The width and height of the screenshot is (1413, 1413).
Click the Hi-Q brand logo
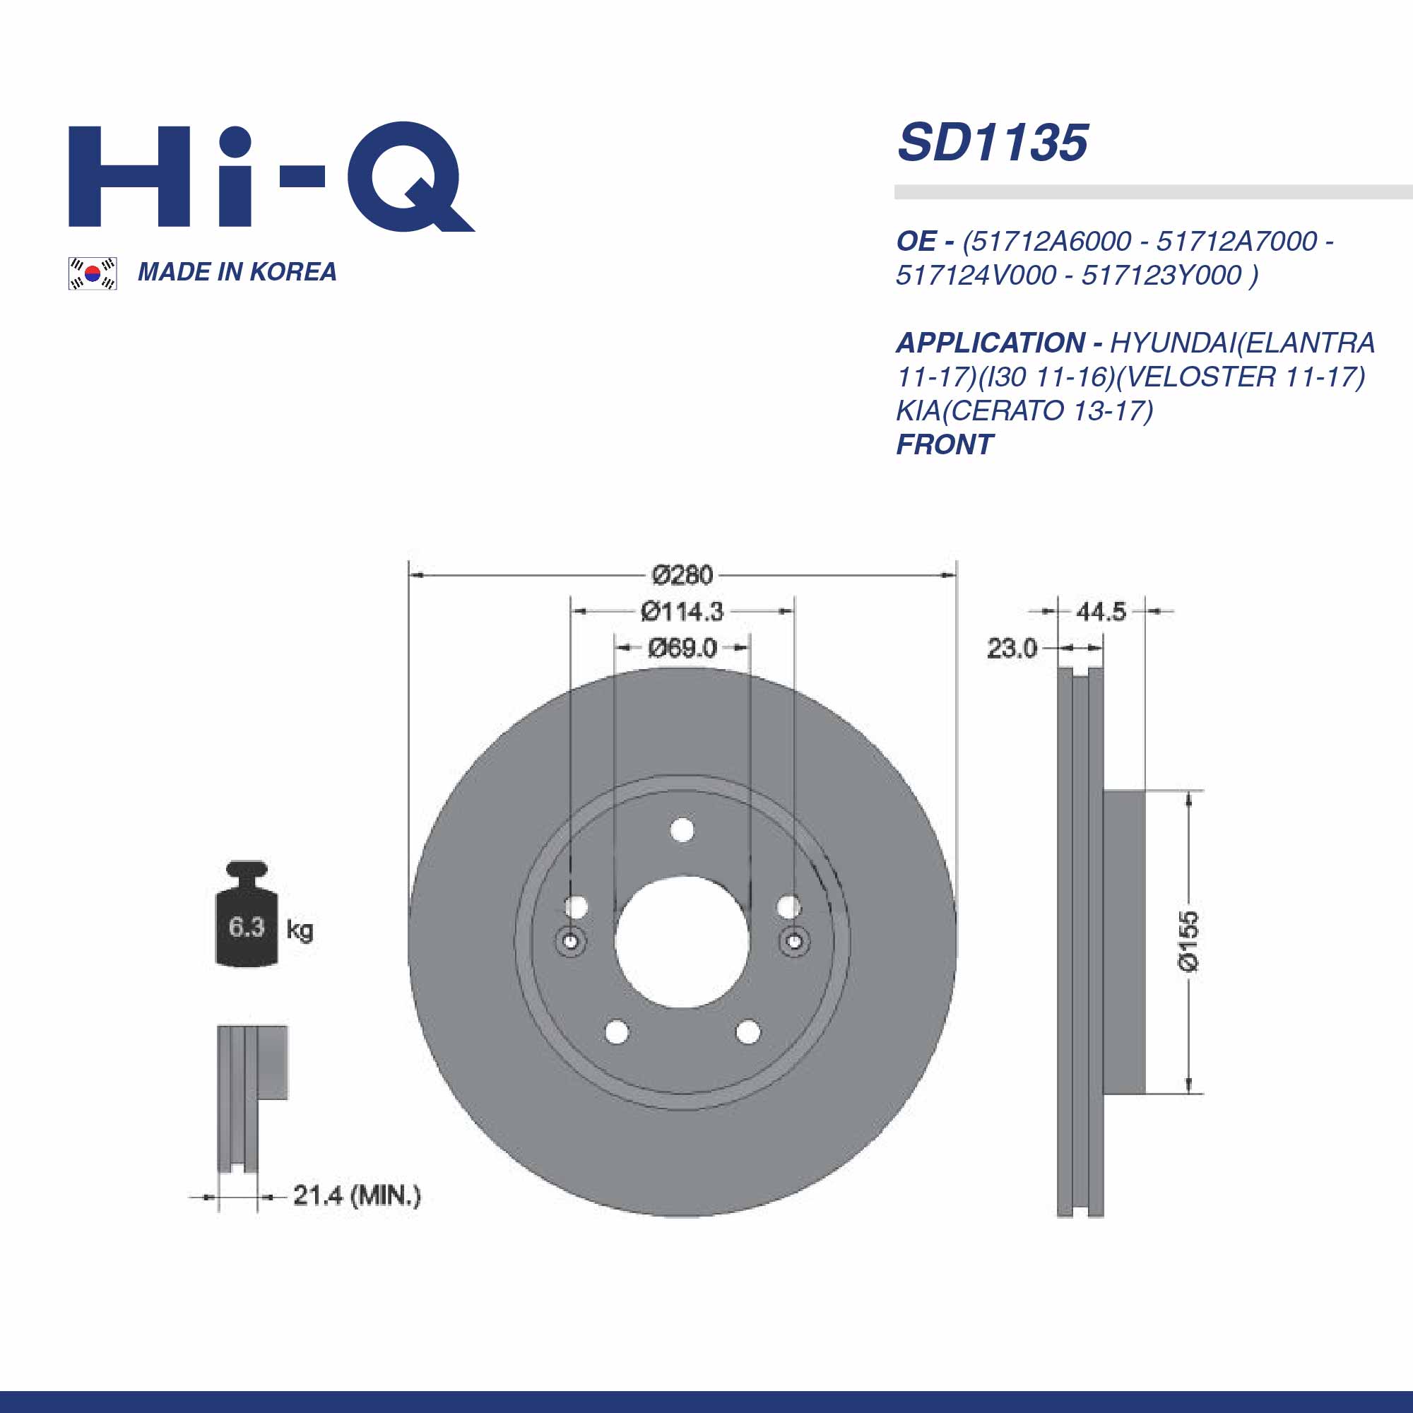click(x=271, y=177)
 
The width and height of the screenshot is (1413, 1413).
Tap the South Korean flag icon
click(x=92, y=273)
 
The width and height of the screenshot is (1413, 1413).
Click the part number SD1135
click(x=993, y=143)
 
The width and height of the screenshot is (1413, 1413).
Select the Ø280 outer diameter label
click(x=682, y=575)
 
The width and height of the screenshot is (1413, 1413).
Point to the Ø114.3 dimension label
click(x=682, y=611)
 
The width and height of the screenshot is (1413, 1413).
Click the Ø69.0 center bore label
click(x=682, y=648)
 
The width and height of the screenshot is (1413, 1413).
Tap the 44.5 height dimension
click(x=1101, y=611)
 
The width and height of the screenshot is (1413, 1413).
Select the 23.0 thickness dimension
click(x=1012, y=648)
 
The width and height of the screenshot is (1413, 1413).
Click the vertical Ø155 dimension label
click(x=1188, y=940)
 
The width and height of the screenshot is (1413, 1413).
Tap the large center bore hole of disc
click(x=682, y=940)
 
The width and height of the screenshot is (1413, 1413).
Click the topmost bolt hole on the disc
click(x=682, y=830)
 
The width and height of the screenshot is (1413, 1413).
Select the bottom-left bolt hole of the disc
click(x=617, y=1032)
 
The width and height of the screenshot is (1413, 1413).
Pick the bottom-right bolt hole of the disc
click(x=747, y=1032)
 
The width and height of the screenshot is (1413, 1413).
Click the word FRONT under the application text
click(x=944, y=444)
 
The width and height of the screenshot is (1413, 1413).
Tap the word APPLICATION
click(x=991, y=342)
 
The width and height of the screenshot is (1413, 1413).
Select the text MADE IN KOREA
click(x=237, y=272)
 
